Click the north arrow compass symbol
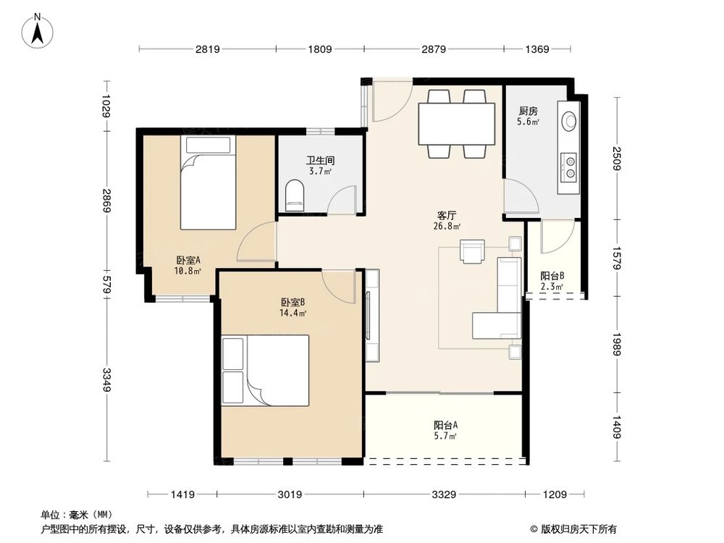38,31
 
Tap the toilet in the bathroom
295,195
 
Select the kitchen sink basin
569,120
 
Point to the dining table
456,124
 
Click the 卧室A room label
188,266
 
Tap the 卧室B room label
293,308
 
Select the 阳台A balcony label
445,430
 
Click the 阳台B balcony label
552,281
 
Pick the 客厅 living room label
447,221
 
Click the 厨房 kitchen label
529,117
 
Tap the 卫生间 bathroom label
321,166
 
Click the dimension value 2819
207,49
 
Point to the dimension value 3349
106,379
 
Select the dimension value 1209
555,494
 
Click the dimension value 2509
617,158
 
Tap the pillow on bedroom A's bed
208,145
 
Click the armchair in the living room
472,252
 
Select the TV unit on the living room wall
372,316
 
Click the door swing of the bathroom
341,200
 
